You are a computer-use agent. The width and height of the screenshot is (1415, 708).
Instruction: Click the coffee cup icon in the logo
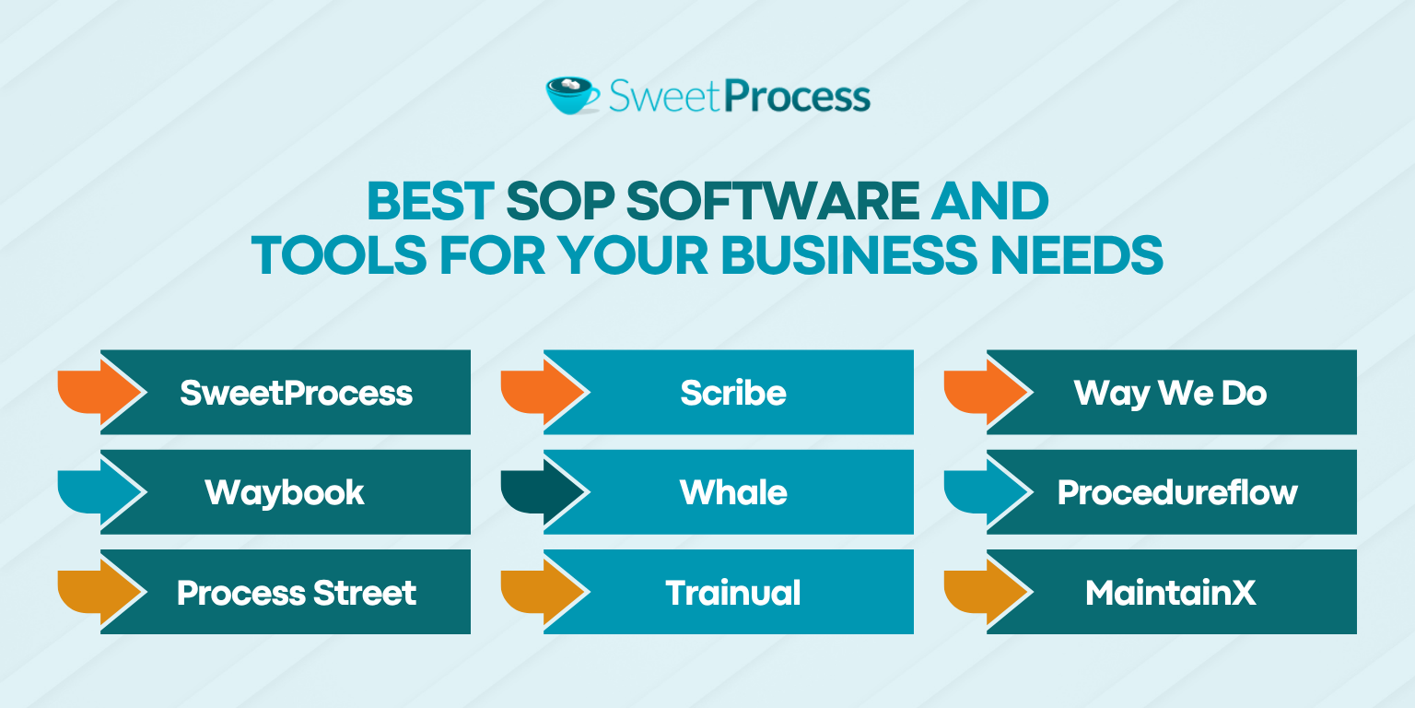coord(572,96)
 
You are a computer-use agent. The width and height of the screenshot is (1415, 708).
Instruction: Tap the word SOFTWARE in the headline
coord(773,201)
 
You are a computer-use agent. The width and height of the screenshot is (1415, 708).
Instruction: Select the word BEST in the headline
coord(431,201)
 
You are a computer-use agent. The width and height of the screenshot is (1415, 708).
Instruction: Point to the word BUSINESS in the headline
coord(849,255)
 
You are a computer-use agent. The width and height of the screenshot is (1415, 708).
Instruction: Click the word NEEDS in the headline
coord(1076,255)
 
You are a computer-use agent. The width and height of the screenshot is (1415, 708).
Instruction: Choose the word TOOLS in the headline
coord(339,255)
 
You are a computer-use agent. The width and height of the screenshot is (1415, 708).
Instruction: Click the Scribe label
coord(733,393)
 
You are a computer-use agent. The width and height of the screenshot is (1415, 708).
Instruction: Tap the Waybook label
coord(285,493)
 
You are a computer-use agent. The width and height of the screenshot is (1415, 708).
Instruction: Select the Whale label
coord(733,492)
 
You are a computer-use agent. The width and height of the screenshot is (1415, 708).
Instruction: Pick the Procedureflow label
coord(1177,492)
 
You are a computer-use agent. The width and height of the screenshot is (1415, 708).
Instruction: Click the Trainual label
coord(733,593)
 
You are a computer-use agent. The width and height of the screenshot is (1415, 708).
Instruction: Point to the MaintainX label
coord(1171,593)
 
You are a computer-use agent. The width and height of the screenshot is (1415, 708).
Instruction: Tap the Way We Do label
coord(1171,394)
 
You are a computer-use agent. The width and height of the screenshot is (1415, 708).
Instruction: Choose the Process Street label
coord(297,593)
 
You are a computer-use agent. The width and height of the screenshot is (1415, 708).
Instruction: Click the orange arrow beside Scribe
coord(544,392)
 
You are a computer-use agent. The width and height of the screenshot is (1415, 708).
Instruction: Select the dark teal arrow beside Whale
coord(544,491)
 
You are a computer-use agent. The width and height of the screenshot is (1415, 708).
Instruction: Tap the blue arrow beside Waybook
coord(101,491)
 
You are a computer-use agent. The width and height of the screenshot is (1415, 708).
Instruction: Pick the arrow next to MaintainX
coord(988,592)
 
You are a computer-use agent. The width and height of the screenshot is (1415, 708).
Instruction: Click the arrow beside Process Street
coord(101,592)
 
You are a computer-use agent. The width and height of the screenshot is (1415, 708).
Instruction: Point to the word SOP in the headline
coord(560,201)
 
